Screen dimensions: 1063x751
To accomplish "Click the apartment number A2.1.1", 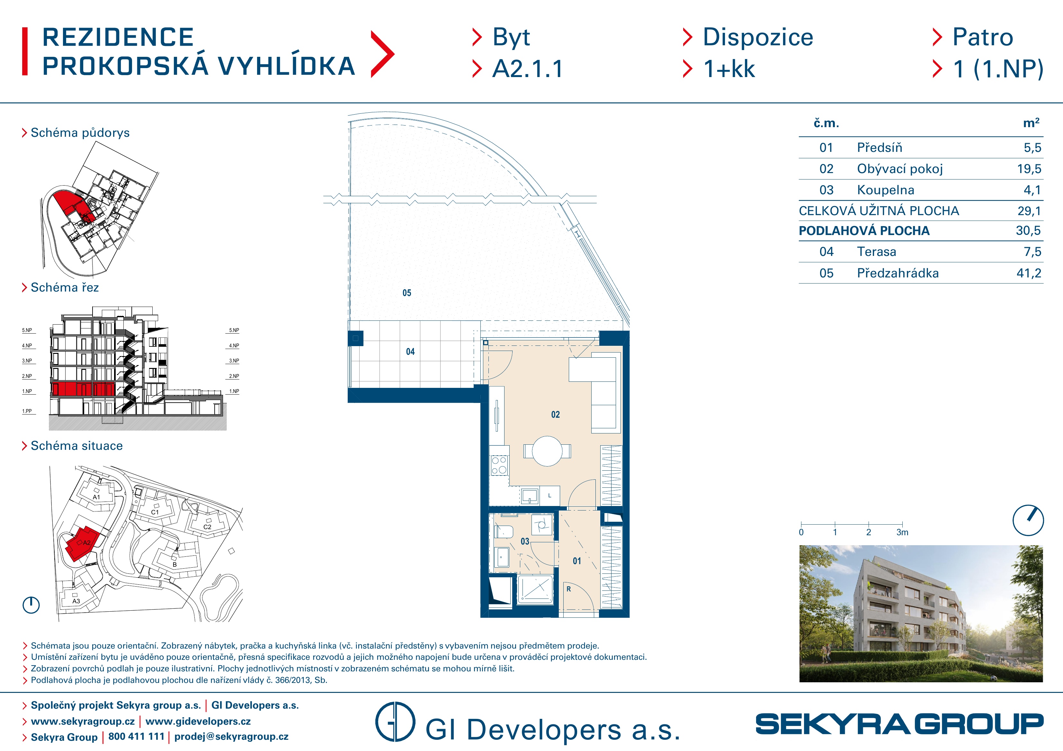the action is pos(527,69).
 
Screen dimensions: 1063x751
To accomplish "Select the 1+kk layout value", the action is pos(729,69).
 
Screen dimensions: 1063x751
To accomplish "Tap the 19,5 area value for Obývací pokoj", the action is pos(1029,169).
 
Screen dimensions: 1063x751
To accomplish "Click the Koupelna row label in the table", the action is pos(885,190).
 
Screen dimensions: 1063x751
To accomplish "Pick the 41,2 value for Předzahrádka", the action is pos(1029,273).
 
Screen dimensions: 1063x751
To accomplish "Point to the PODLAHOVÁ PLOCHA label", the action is pos(864,231).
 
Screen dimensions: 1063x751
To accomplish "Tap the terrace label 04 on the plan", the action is pos(410,352).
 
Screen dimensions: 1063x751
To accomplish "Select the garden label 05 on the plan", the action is pos(407,293).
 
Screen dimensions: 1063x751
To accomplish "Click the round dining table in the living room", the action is pos(547,451).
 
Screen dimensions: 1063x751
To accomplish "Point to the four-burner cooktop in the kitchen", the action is pos(499,465).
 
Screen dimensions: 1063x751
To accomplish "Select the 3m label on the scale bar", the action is pos(902,533).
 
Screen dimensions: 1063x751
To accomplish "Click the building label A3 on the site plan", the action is pos(76,601).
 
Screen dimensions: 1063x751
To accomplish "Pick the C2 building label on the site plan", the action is pos(207,527).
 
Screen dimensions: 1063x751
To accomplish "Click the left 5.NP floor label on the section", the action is pos(27,330).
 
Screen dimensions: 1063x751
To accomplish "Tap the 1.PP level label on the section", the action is pos(27,411).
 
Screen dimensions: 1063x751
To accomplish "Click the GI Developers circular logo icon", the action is pos(395,722).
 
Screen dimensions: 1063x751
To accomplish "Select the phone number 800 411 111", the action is pos(136,737).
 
